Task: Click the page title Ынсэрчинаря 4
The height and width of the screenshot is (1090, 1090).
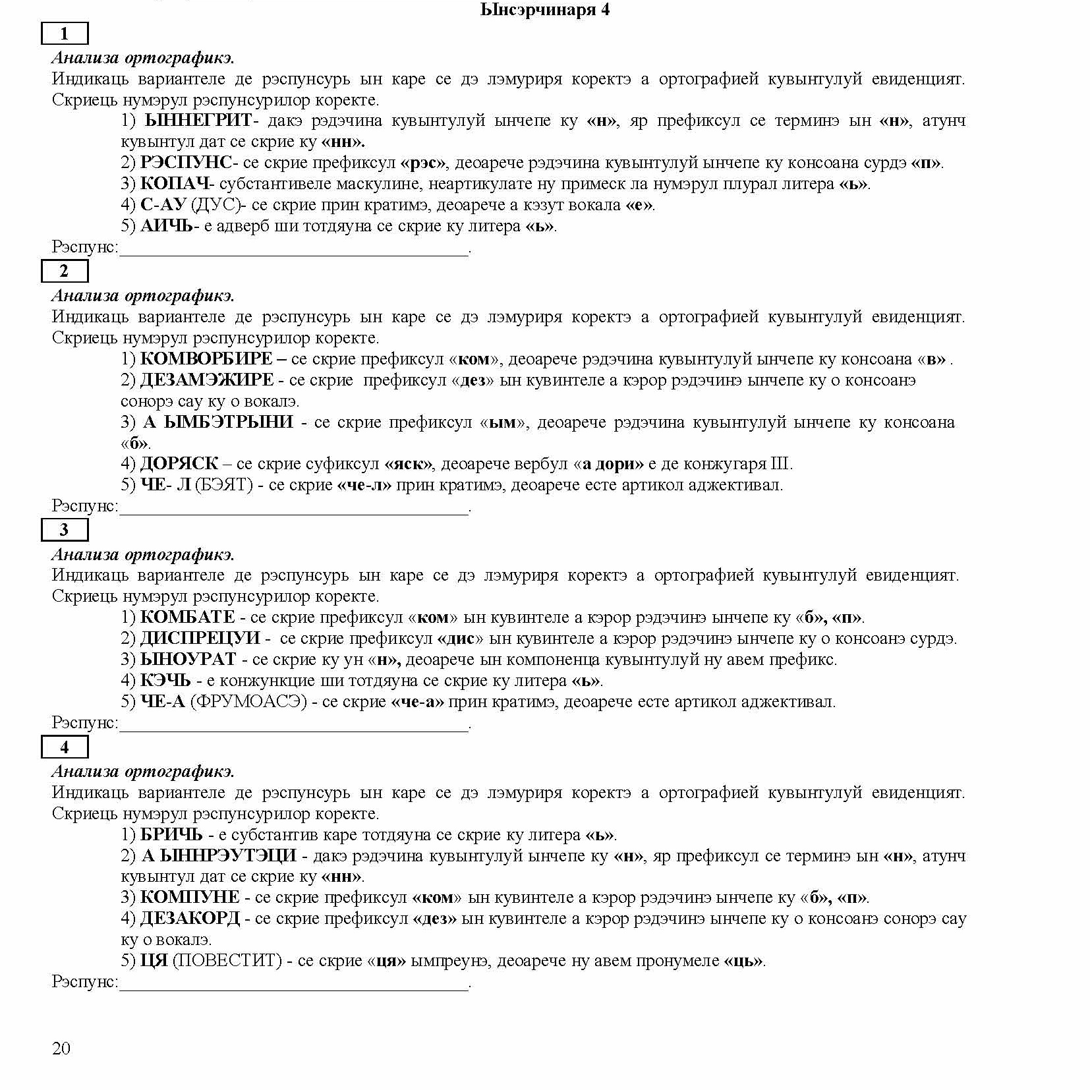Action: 544,10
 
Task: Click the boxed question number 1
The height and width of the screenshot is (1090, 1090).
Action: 64,34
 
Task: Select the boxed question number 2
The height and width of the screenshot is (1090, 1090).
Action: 64,271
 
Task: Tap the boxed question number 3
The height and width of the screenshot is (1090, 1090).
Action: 64,530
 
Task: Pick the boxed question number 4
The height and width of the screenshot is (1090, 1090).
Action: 64,747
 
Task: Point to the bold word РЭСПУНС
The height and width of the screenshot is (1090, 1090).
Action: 186,163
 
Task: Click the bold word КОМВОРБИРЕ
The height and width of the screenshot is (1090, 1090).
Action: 206,359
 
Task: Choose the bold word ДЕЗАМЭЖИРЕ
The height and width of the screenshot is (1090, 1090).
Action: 207,380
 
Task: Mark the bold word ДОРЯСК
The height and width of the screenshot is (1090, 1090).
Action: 179,464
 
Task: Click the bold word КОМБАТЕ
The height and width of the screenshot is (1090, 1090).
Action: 188,617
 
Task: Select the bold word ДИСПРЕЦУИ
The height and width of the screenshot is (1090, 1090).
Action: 200,639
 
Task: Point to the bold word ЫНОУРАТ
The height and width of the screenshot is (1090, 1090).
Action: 188,660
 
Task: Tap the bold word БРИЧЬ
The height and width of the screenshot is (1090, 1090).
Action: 171,835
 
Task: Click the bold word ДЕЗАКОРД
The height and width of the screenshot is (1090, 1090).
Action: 190,919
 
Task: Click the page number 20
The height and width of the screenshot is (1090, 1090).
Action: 61,1048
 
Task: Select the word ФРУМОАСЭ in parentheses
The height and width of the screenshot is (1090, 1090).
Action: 248,702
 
